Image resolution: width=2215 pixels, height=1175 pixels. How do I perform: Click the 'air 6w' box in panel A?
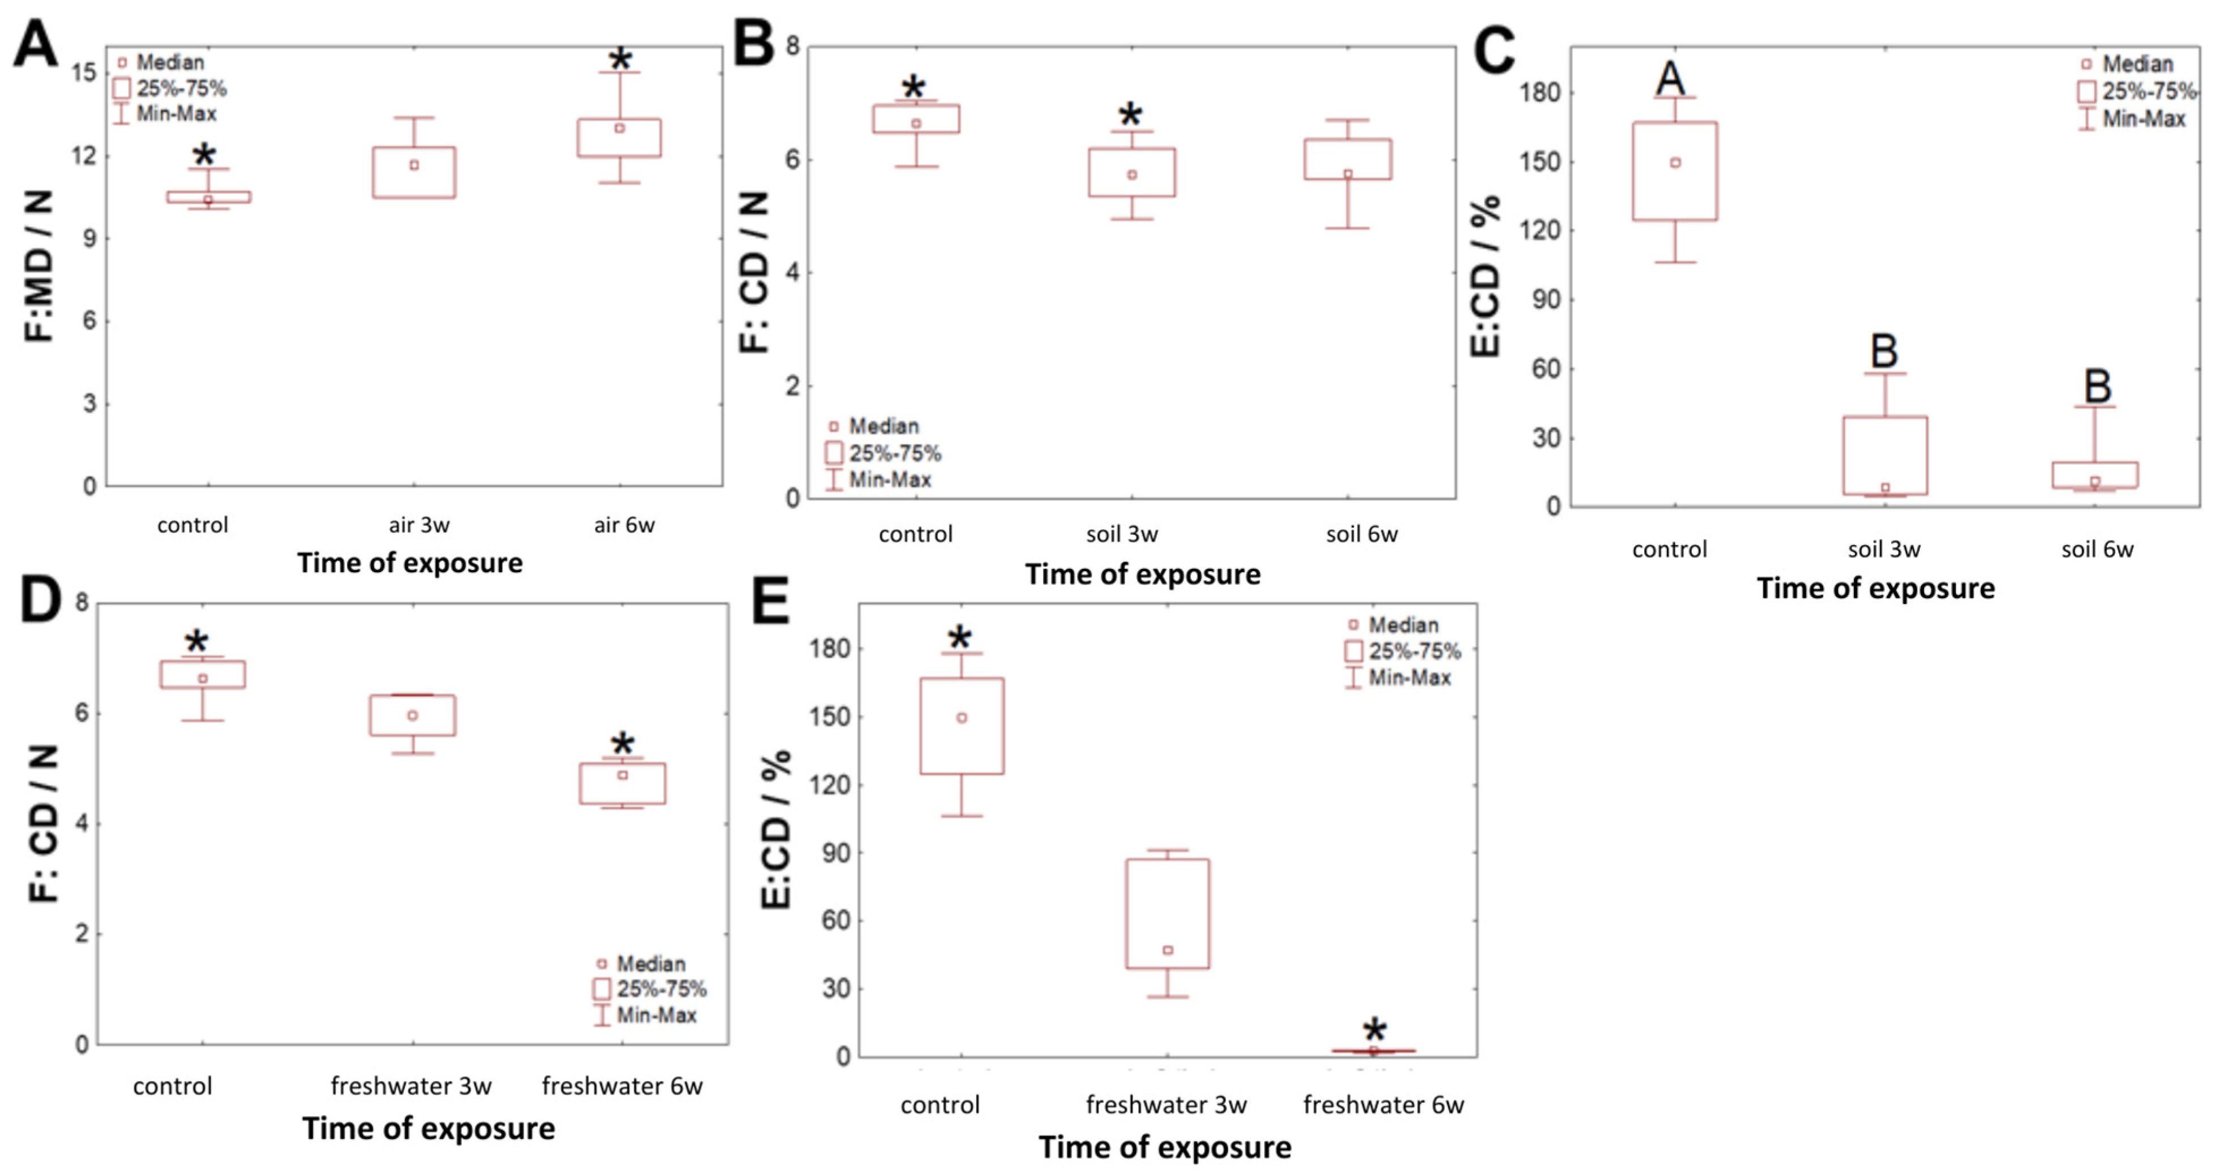point(619,138)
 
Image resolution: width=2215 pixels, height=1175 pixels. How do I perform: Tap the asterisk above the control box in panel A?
point(204,156)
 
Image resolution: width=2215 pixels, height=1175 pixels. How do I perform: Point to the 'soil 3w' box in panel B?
point(1131,172)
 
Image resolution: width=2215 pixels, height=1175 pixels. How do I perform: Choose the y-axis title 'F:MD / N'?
point(39,266)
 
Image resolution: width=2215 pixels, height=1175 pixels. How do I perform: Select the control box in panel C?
point(1675,171)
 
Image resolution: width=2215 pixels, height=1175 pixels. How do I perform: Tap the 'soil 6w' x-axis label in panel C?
point(2097,549)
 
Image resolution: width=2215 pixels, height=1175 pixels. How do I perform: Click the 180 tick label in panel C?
point(1539,93)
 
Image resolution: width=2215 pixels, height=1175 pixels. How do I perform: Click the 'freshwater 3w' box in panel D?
point(413,715)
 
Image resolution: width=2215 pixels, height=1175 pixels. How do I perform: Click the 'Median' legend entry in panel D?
point(650,964)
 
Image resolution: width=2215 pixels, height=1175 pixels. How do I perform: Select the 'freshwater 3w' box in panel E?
point(1168,914)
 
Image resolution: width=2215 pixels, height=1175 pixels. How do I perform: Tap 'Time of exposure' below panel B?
point(1143,574)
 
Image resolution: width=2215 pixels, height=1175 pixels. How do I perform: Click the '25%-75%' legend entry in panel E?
point(1414,651)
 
